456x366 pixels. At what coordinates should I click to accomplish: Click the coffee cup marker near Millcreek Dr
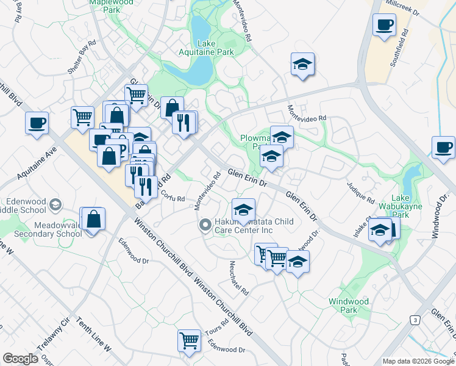pyautogui.click(x=383, y=26)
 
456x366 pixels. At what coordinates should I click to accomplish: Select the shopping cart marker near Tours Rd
pyautogui.click(x=189, y=340)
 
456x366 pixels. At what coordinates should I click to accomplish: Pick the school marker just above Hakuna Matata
pyautogui.click(x=243, y=209)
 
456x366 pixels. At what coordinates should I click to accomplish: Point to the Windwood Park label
pyautogui.click(x=349, y=306)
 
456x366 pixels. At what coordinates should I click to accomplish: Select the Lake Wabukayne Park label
pyautogui.click(x=408, y=206)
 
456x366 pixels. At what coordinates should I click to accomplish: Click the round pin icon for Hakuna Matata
pyautogui.click(x=205, y=226)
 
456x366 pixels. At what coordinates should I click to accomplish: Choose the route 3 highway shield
pyautogui.click(x=415, y=320)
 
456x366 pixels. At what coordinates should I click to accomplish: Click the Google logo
pyautogui.click(x=20, y=359)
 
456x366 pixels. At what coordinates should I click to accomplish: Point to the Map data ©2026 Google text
pyautogui.click(x=418, y=361)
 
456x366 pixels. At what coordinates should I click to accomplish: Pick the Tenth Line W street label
pyautogui.click(x=93, y=335)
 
